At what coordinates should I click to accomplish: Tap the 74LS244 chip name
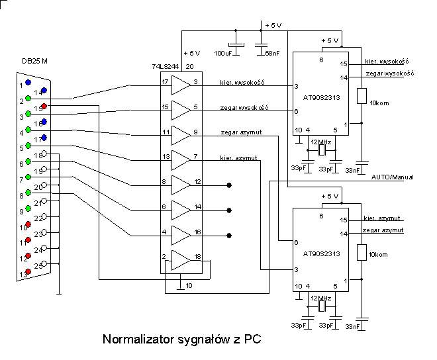click(165, 67)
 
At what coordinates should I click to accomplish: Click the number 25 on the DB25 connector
click(39, 265)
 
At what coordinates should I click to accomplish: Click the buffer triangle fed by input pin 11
click(180, 134)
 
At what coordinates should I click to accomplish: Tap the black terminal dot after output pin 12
click(229, 185)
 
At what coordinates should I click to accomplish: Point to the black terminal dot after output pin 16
click(229, 235)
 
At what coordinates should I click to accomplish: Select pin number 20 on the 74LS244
click(189, 67)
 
